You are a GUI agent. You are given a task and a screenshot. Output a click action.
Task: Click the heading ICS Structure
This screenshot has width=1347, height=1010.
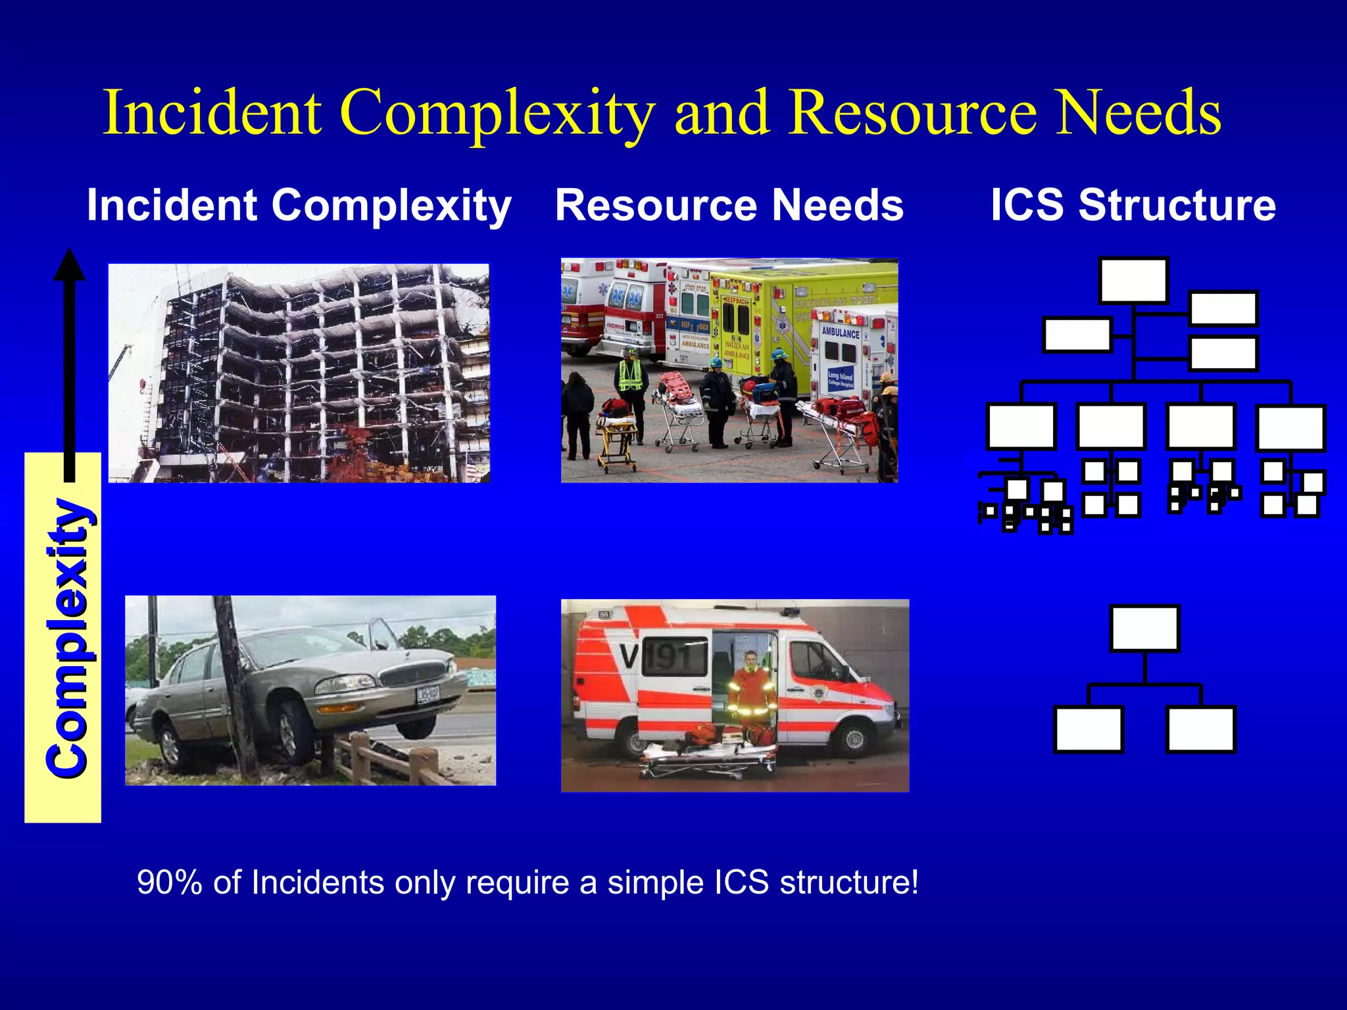click(x=1133, y=205)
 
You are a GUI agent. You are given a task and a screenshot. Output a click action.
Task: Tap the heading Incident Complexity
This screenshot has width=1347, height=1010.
click(x=299, y=205)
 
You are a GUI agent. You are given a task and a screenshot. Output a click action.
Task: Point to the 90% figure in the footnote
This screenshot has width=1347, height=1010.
click(x=169, y=882)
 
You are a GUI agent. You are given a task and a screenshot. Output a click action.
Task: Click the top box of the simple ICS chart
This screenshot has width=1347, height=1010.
click(x=1144, y=629)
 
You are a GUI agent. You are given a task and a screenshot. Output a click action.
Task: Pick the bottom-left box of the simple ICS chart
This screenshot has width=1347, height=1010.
click(x=1088, y=729)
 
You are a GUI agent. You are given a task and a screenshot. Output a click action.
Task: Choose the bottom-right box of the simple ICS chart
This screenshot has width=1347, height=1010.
click(x=1200, y=729)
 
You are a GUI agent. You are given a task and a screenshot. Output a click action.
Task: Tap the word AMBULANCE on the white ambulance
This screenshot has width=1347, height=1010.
click(x=840, y=333)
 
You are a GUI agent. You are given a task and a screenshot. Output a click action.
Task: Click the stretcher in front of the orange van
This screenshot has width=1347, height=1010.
click(x=707, y=759)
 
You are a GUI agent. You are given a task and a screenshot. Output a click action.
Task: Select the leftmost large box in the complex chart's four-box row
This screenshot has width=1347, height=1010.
click(x=1021, y=427)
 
